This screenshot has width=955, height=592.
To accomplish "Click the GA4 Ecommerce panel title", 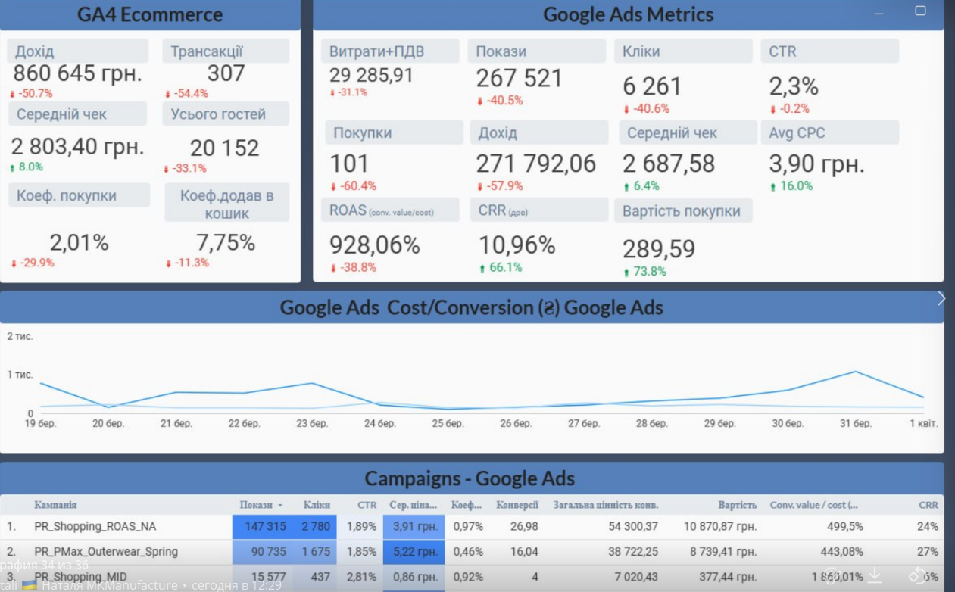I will (150, 14).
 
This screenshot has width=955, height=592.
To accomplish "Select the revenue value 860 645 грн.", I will (77, 73).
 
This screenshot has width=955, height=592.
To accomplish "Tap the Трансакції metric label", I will (207, 51).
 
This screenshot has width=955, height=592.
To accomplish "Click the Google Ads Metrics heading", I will (628, 14).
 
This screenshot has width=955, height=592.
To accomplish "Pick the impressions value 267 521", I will (519, 78).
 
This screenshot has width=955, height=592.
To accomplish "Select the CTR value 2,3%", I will (794, 86).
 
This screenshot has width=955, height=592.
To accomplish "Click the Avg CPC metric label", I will (797, 132).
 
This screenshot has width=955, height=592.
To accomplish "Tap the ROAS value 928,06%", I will (374, 245).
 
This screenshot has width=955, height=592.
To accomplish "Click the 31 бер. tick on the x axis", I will (856, 424).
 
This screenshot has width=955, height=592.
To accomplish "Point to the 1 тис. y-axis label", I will (20, 375).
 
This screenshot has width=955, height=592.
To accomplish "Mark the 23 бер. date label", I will (312, 424).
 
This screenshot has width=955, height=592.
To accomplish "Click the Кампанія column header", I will (55, 505).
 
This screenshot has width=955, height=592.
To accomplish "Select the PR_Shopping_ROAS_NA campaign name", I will (95, 526).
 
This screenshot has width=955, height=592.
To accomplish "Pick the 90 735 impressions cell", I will (264, 552).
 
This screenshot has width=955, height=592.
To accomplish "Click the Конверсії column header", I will (517, 505).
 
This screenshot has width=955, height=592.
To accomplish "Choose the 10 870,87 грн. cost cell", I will (720, 526).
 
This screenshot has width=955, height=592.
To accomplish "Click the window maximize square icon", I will (920, 11).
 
